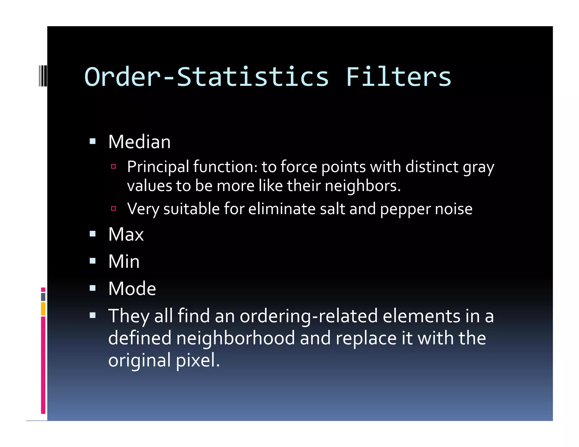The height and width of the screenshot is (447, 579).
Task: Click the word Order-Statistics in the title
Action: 206,77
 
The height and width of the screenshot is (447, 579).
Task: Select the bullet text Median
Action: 139,142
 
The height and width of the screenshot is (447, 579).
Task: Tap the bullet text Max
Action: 126,235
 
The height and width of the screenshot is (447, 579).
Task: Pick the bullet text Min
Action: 124,262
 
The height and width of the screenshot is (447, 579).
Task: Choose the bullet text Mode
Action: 132,289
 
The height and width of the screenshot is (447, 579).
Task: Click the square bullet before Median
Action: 92,141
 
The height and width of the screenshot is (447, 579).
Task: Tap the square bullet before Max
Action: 92,234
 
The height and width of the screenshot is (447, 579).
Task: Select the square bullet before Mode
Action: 92,288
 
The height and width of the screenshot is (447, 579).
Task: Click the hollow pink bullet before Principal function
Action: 113,166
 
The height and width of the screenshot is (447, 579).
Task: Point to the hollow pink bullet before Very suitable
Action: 113,209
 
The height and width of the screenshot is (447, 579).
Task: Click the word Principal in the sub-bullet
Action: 158,167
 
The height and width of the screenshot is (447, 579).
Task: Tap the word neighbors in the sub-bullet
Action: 362,186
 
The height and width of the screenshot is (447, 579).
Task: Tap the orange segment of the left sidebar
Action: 43,309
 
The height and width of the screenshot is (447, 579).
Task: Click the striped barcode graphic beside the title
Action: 43,75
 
